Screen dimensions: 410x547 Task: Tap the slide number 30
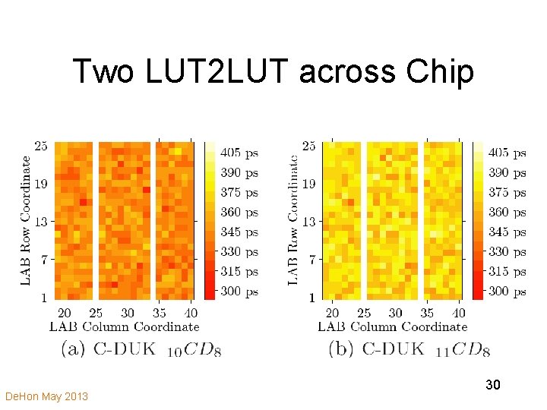coord(492,386)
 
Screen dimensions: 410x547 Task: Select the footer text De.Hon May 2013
coord(46,396)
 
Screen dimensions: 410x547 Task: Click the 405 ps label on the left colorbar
coord(239,153)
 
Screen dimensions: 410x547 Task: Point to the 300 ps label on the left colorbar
coord(239,292)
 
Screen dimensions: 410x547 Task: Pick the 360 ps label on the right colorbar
coord(507,213)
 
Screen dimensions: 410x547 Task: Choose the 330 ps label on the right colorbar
coord(507,252)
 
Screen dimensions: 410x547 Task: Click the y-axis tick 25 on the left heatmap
coord(40,146)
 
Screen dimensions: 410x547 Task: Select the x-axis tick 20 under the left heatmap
coord(65,313)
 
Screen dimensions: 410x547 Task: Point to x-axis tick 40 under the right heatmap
coord(459,313)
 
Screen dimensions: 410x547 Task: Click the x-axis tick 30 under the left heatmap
coord(128,313)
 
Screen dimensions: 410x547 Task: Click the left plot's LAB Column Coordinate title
coord(124,327)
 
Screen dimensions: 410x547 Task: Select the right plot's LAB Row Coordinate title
coord(293,220)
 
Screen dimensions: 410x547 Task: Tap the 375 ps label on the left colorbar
coord(239,193)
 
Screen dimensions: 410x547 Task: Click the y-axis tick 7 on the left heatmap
coord(43,260)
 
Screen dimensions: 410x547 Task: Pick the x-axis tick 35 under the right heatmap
coord(428,313)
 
